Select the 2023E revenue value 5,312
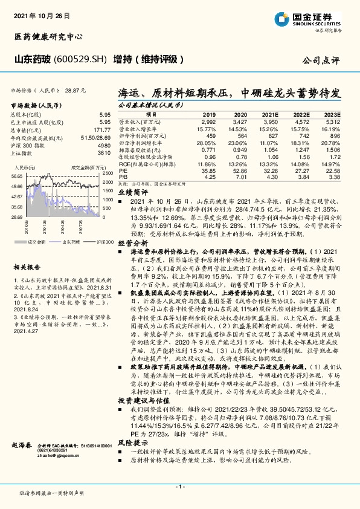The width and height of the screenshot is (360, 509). pyautogui.click(x=333, y=122)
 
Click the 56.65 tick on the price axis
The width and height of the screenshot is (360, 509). pyautogui.click(x=16, y=175)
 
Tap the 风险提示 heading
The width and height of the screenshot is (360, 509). pyautogui.click(x=129, y=442)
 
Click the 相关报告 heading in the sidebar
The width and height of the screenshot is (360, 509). pyautogui.click(x=26, y=267)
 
